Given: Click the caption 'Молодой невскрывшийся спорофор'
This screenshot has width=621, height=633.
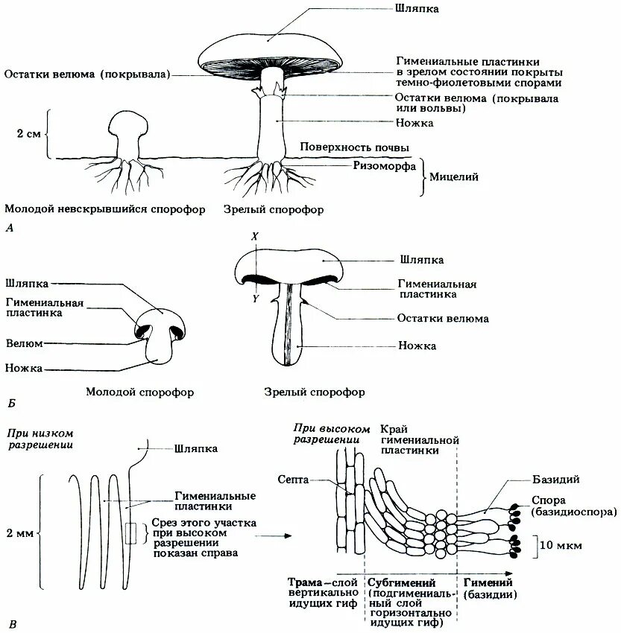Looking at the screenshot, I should click(x=104, y=210).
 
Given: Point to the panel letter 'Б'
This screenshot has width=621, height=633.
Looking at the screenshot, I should click(x=10, y=404).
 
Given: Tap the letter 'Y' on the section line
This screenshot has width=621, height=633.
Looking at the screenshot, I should click(x=255, y=299).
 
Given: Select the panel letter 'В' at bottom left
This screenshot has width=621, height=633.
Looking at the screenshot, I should click(x=9, y=623).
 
